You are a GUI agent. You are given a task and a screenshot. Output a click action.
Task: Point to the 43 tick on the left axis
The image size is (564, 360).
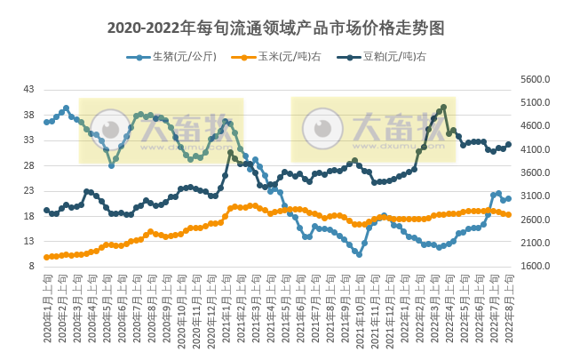28,90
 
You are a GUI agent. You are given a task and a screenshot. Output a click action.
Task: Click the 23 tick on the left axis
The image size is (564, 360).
28,190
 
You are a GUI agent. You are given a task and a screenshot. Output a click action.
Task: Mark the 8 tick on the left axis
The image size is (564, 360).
31,266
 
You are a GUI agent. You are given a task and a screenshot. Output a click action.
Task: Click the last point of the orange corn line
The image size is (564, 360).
508,215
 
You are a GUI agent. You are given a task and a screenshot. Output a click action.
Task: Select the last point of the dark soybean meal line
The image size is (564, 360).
508,144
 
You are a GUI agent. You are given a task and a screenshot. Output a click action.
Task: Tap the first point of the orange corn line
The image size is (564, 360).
46,257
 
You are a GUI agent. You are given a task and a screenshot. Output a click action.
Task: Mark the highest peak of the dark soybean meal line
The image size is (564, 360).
443,107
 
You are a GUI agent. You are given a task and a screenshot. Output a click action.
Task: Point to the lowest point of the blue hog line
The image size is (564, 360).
359,255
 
